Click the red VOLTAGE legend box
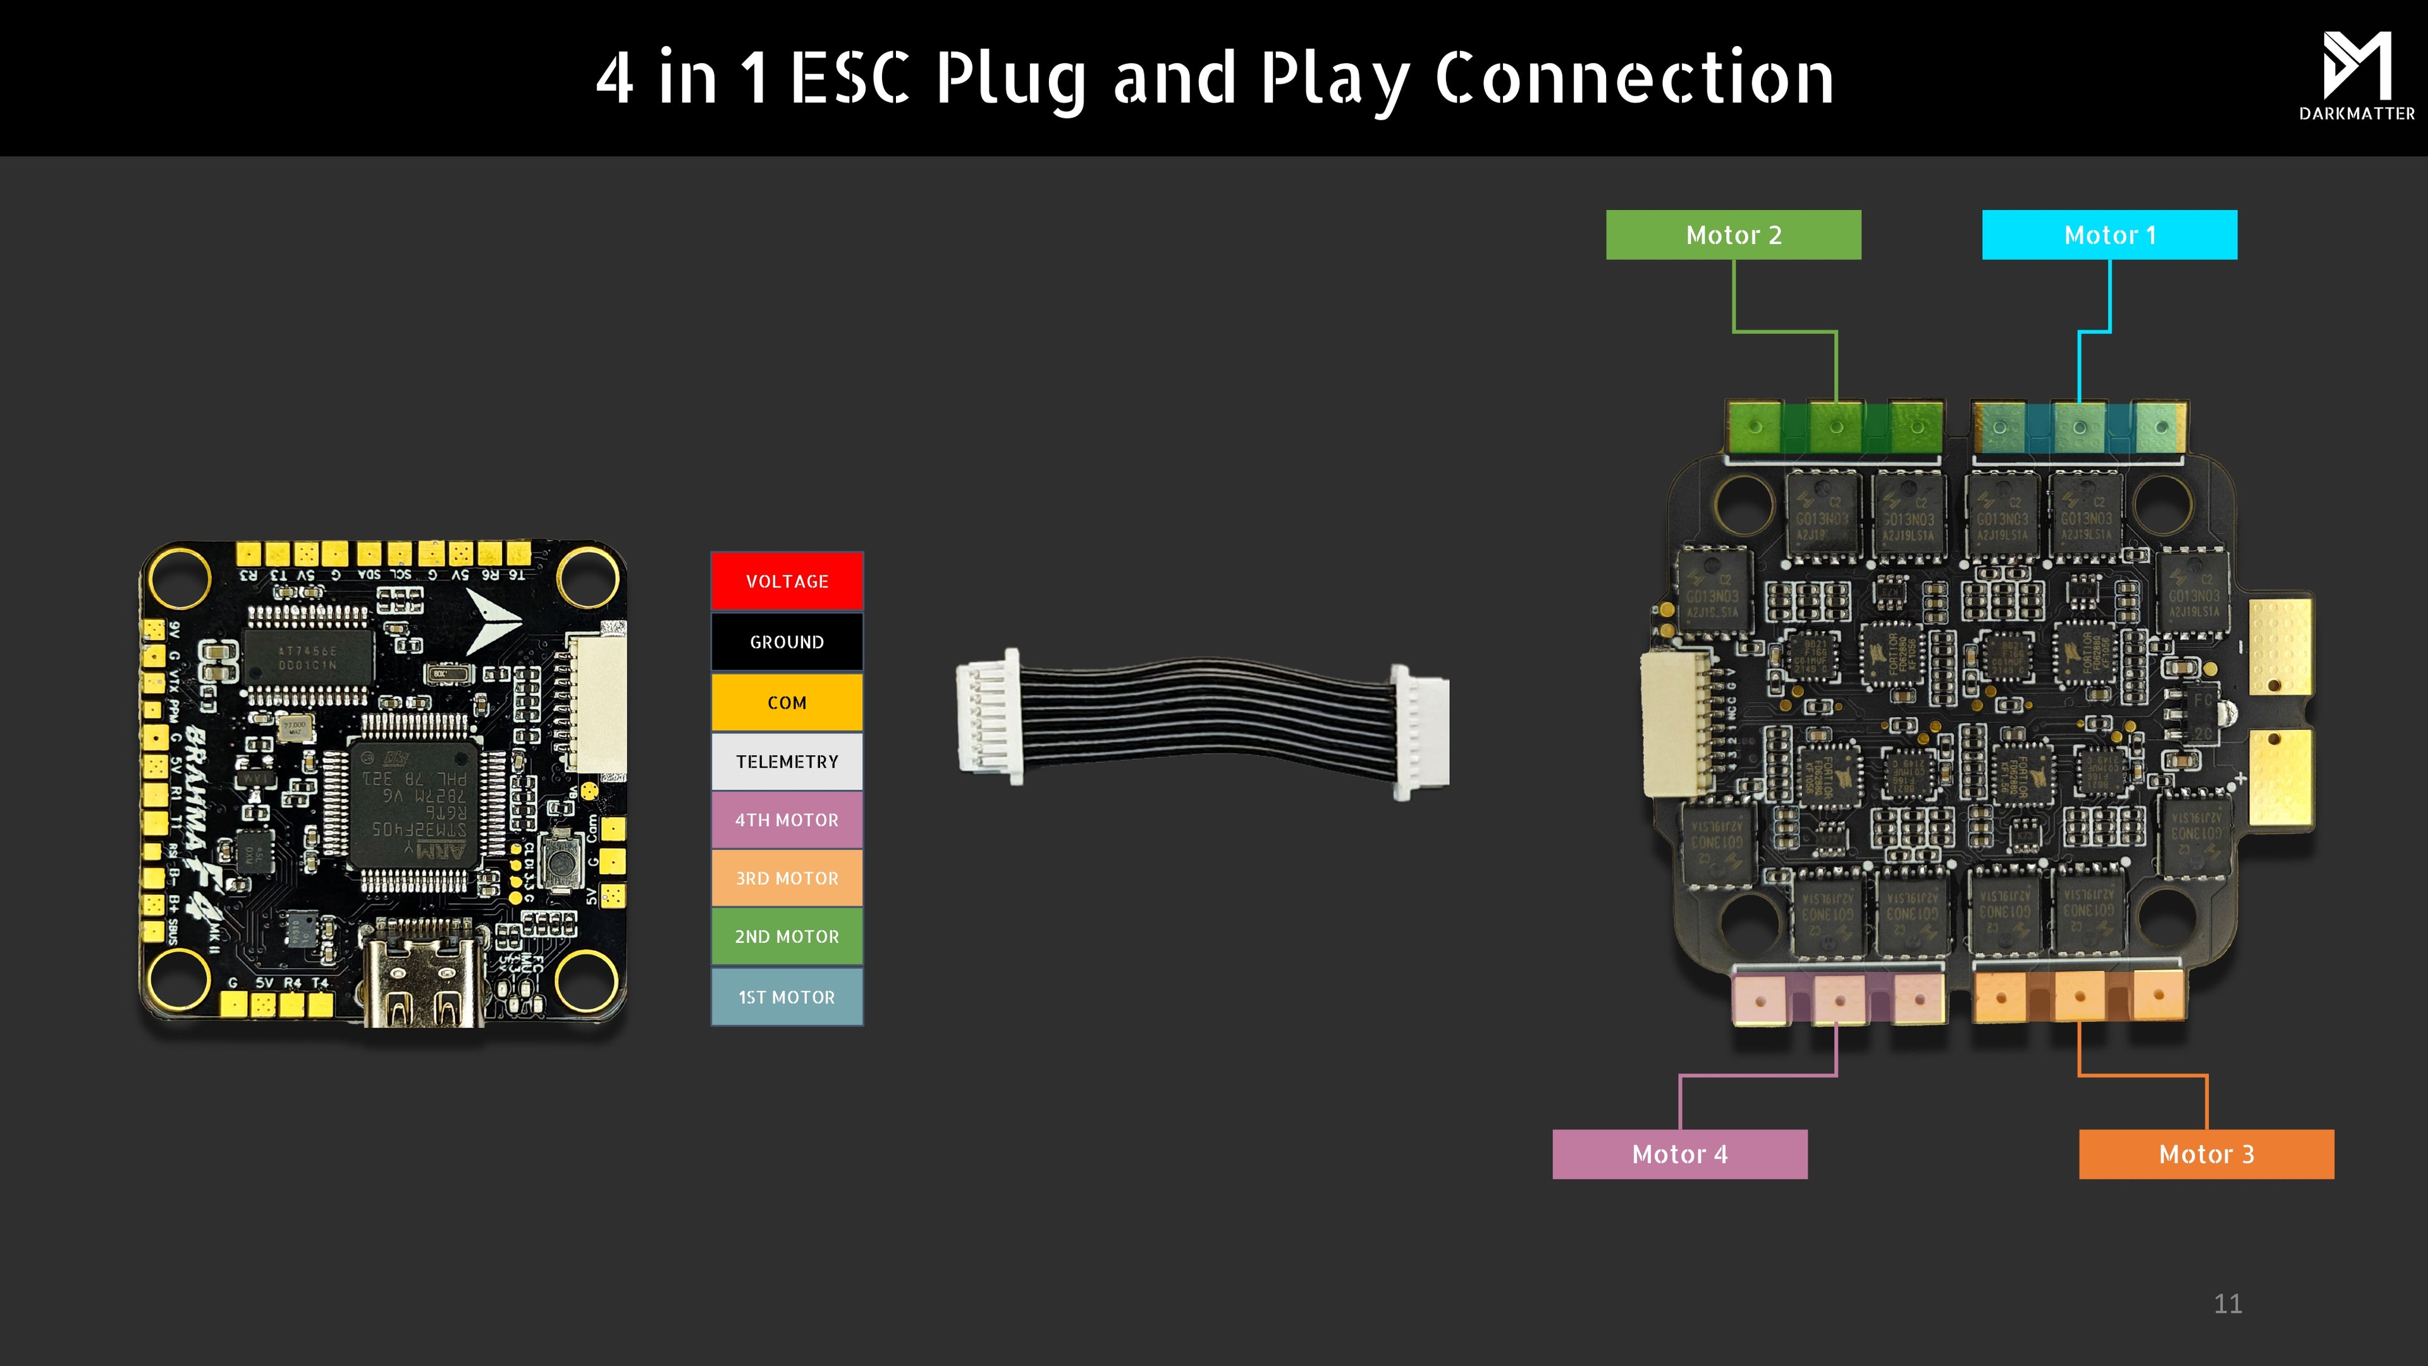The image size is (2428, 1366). point(787,581)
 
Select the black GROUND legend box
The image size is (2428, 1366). point(787,642)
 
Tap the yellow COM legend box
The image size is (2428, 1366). point(787,703)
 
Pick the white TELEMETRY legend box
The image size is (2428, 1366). point(787,761)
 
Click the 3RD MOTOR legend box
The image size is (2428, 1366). point(787,878)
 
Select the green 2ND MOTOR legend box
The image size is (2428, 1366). point(787,936)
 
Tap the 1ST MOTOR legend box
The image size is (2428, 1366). point(787,997)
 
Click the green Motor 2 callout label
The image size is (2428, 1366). point(1733,235)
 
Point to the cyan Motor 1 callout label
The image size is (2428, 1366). point(2109,235)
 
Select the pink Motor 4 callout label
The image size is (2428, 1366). point(1679,1154)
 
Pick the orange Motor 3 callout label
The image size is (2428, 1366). point(2207,1154)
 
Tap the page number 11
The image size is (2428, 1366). point(2227,1304)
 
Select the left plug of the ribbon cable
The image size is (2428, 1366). point(988,717)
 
